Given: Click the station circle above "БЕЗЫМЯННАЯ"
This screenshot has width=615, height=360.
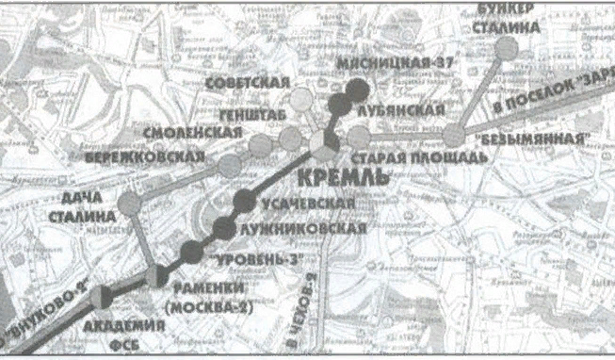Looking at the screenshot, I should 454,136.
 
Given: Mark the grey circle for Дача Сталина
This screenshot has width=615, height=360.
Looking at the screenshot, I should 130,201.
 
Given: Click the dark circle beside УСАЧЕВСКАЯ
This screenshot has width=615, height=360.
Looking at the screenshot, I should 245,199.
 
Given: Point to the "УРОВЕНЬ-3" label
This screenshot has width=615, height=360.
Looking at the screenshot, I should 250,257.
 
